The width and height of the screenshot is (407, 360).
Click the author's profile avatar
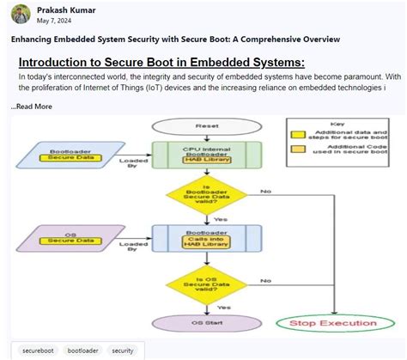tap(16, 15)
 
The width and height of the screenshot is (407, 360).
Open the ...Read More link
tap(32, 107)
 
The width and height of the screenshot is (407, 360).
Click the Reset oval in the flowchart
tap(207, 125)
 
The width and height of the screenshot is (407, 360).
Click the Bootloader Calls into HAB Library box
tap(207, 235)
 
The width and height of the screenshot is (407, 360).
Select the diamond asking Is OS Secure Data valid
tap(207, 280)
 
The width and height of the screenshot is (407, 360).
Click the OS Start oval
tap(207, 323)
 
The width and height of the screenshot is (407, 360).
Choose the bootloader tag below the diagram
tap(84, 351)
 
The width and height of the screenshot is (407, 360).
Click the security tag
tap(123, 351)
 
